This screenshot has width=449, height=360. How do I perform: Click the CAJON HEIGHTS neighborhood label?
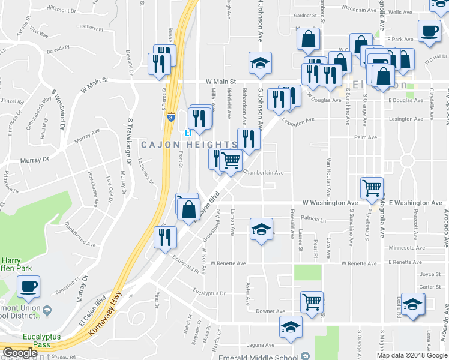[189, 145]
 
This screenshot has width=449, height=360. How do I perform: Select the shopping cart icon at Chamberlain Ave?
[231, 160]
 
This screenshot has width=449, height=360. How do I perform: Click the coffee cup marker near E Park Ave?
[429, 31]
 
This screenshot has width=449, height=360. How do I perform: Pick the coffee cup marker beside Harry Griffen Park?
[29, 287]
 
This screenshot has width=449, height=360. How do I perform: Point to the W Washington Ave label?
[330, 203]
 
